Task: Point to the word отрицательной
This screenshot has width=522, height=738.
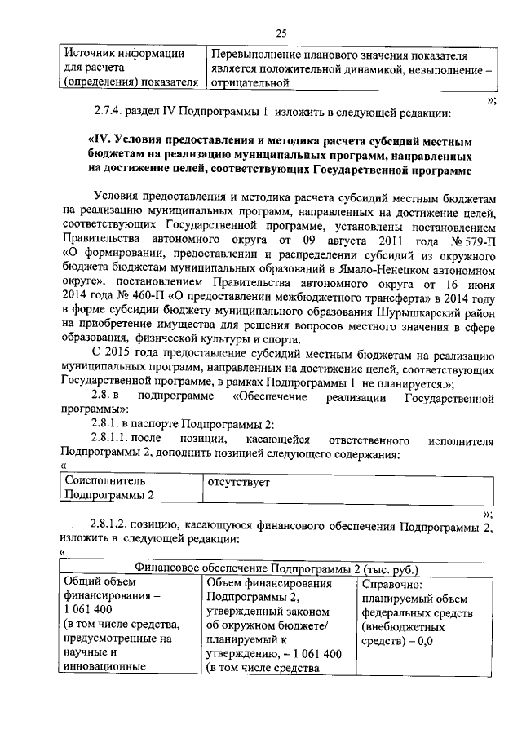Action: click(250, 82)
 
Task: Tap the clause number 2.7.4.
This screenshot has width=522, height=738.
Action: click(108, 111)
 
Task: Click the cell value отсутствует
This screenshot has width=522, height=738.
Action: click(239, 482)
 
